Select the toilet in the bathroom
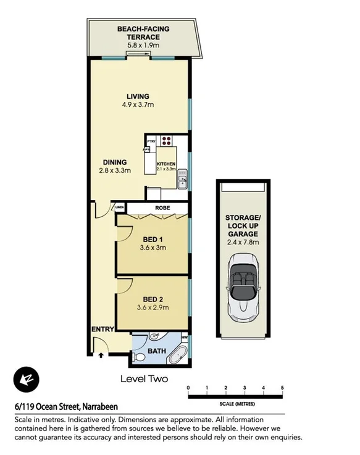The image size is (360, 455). (x=140, y=356)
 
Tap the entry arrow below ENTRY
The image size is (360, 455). (x=101, y=354)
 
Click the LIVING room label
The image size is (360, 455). (x=138, y=96)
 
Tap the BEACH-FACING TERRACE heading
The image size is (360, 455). (x=143, y=33)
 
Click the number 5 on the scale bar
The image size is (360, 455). (x=282, y=388)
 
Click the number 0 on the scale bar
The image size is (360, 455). (x=189, y=388)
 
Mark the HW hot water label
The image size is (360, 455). (x=185, y=338)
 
